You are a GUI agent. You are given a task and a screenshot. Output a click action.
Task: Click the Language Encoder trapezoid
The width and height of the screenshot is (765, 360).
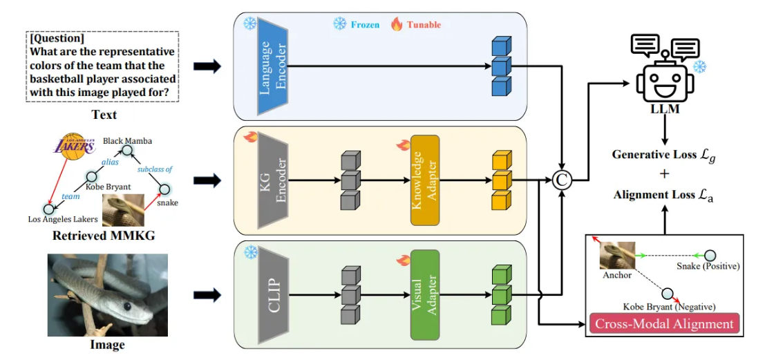273,66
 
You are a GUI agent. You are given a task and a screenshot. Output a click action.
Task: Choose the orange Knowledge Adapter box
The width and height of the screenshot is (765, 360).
424,180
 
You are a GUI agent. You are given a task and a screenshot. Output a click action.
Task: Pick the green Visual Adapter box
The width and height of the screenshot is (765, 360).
424,294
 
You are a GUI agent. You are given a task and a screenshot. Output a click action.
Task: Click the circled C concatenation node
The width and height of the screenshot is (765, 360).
563,181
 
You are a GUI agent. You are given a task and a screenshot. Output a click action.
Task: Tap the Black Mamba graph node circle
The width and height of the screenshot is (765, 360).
126,151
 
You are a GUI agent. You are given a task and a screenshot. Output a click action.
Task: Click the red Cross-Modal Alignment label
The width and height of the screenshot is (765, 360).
665,324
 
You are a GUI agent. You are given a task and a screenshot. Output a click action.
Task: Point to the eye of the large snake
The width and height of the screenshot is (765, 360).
127,306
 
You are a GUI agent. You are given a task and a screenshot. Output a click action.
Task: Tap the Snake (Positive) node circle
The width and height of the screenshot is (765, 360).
711,255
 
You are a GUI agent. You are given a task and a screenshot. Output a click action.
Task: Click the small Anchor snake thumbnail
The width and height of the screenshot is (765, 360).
617,255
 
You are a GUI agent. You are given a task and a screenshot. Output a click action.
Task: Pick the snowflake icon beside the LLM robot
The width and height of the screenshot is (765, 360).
699,67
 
